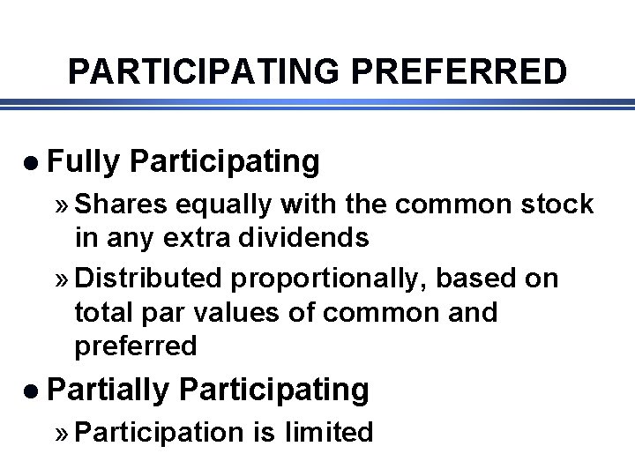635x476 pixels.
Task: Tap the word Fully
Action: click(83, 161)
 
